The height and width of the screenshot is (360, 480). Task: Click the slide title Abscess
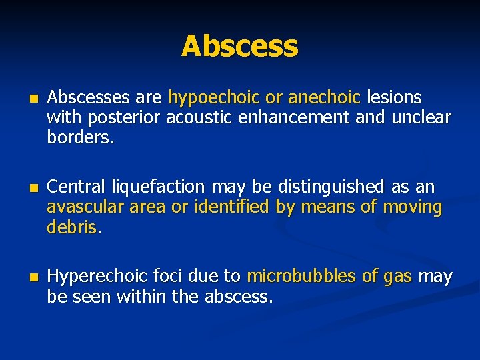239,46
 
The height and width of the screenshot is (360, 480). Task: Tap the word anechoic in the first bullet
324,98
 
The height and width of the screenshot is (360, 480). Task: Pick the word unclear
421,118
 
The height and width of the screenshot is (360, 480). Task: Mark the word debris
72,227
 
